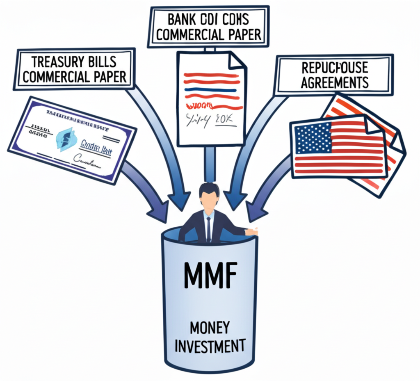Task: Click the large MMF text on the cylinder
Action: [210, 277]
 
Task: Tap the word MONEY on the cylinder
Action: [210, 328]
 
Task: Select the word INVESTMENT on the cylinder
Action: [210, 346]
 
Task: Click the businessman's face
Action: [209, 200]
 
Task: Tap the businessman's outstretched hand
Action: [251, 232]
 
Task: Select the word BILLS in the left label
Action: [99, 62]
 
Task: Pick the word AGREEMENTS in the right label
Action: [334, 82]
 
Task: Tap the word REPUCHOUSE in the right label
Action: [334, 67]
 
